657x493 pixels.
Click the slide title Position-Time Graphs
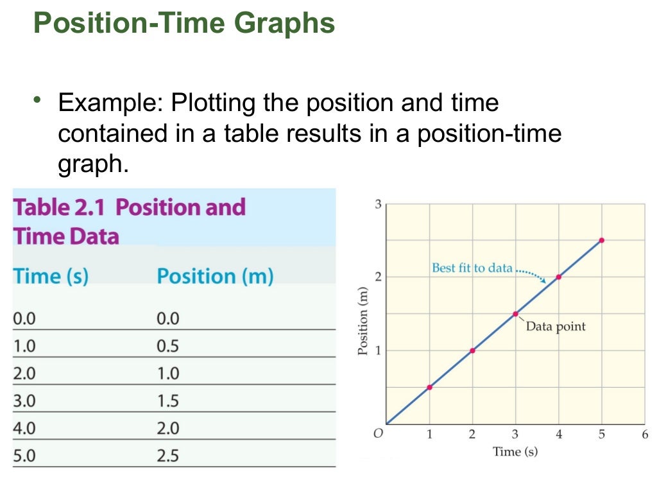(x=183, y=24)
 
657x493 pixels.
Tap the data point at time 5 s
(x=601, y=240)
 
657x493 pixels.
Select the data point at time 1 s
(x=429, y=386)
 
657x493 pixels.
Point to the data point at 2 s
(x=472, y=350)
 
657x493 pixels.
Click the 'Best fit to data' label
(x=472, y=268)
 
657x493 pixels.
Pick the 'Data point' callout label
(x=556, y=326)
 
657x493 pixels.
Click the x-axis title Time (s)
(x=515, y=451)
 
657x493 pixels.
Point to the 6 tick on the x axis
(x=645, y=435)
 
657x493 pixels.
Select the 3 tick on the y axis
(x=379, y=204)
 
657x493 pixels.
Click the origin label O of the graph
(x=378, y=434)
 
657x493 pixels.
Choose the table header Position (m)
(x=215, y=276)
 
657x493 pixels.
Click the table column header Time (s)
(x=51, y=276)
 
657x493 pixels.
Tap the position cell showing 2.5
(x=168, y=456)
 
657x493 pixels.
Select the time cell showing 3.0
(x=24, y=401)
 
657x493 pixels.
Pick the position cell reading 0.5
(x=168, y=346)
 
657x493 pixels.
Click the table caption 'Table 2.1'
(x=60, y=207)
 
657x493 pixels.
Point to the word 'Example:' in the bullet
(x=110, y=103)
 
